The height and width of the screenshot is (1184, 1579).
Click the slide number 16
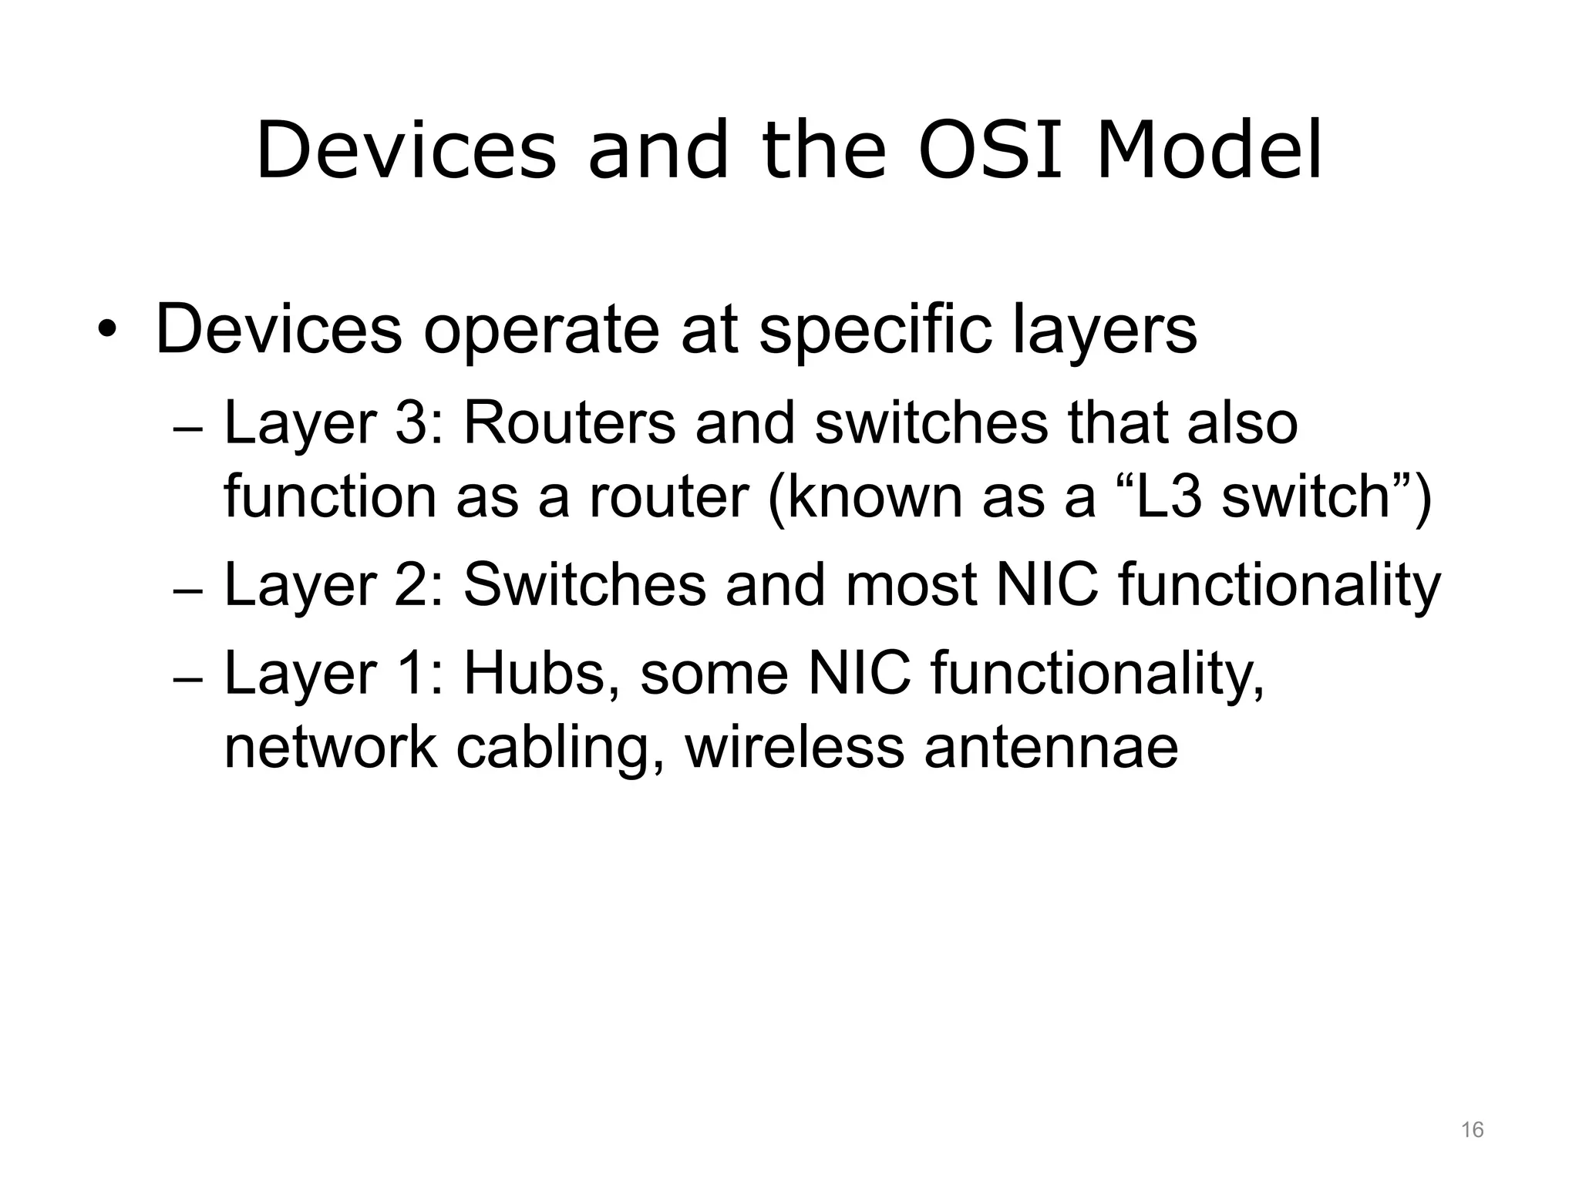click(1472, 1130)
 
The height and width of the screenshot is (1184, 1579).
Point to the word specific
click(875, 331)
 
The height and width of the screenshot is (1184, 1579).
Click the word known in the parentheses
click(874, 497)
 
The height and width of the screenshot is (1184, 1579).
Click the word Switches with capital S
click(584, 585)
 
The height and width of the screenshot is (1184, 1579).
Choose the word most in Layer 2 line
click(911, 585)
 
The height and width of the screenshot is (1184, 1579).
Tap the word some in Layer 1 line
click(714, 674)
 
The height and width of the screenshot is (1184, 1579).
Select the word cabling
click(561, 748)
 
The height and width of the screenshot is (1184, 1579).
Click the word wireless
click(794, 748)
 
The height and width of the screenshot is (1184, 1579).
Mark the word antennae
click(1051, 748)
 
